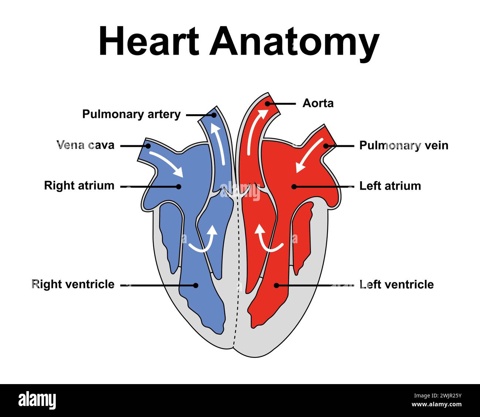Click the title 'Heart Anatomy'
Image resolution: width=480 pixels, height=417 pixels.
pos(239,41)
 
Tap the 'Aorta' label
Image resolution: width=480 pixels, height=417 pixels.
pos(318,103)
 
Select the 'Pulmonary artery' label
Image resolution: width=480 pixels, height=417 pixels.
pos(131,114)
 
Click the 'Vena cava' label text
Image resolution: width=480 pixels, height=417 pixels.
pos(86,145)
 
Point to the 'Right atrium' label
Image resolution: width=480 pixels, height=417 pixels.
pos(79,185)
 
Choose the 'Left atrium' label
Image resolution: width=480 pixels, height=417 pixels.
pos(390,186)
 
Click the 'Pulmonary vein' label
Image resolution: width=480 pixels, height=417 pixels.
pos(404,145)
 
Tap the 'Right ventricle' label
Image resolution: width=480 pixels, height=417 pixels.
pos(73,284)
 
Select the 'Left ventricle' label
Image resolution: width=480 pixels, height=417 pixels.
pos(397,284)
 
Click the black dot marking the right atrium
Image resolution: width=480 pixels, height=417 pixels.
pos(179,187)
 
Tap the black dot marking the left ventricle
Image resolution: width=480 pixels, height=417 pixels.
pos(276,285)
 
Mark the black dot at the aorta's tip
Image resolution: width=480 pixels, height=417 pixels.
pos(267,104)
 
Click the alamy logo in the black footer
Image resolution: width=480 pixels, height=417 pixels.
pos(37,400)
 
